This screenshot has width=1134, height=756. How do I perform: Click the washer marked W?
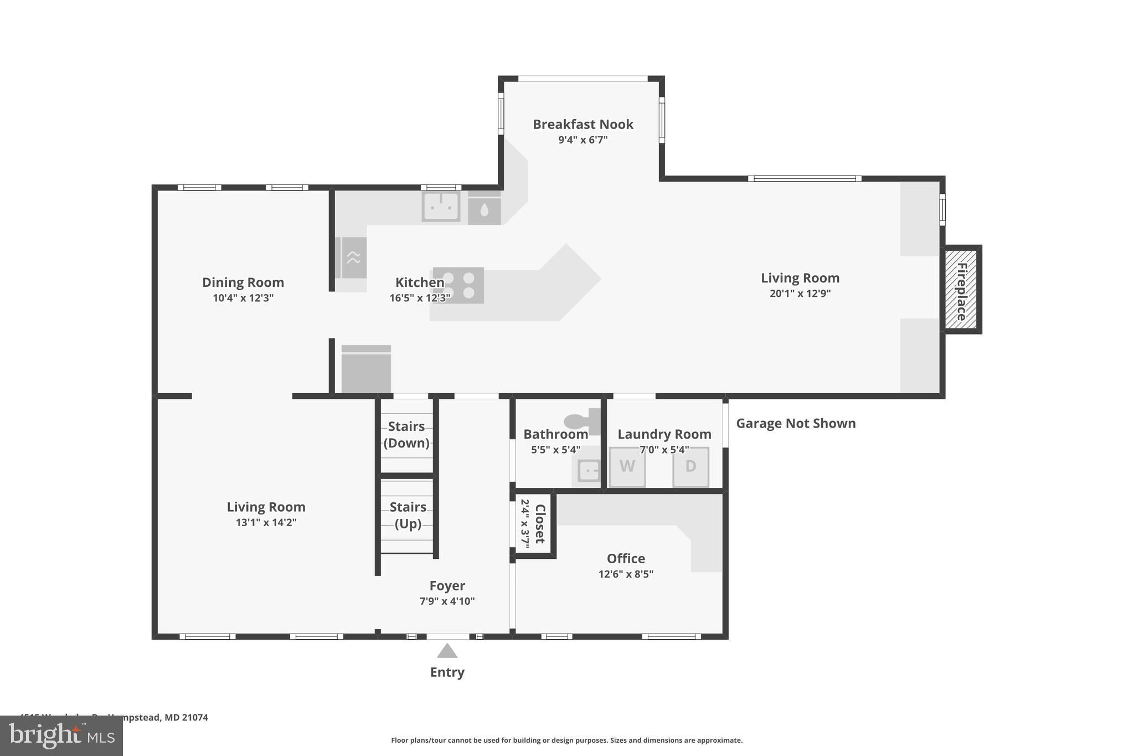pyautogui.click(x=627, y=467)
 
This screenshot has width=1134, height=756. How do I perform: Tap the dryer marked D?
pyautogui.click(x=690, y=467)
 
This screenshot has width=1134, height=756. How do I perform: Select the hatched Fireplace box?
pyautogui.click(x=962, y=290)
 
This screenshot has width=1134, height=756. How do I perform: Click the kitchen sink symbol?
pyautogui.click(x=441, y=206)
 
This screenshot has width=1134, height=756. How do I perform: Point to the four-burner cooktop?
pyautogui.click(x=458, y=285)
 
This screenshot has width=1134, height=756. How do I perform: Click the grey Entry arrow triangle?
pyautogui.click(x=447, y=651)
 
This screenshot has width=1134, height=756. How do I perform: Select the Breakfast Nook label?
pyautogui.click(x=583, y=125)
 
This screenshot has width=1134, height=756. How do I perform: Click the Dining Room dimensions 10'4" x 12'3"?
pyautogui.click(x=243, y=298)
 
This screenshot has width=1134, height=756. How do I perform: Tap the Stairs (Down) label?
pyautogui.click(x=406, y=435)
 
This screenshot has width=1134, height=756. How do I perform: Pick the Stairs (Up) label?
pyautogui.click(x=408, y=515)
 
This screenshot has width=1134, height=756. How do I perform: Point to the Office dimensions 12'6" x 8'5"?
pyautogui.click(x=626, y=574)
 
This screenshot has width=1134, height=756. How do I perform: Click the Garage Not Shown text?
pyautogui.click(x=796, y=424)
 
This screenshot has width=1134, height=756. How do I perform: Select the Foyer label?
pyautogui.click(x=447, y=586)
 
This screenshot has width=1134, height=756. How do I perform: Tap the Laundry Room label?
pyautogui.click(x=664, y=434)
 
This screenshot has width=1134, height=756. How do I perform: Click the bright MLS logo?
pyautogui.click(x=61, y=736)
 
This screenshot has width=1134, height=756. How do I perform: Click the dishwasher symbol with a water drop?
pyautogui.click(x=484, y=209)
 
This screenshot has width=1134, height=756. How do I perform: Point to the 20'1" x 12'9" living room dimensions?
pyautogui.click(x=800, y=294)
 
